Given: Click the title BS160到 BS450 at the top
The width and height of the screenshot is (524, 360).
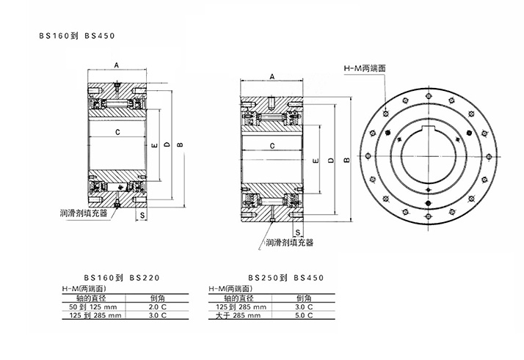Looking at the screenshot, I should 77,34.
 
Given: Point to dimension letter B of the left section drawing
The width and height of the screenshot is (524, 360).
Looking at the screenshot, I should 180,144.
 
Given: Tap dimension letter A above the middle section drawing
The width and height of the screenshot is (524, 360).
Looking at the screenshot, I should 272,76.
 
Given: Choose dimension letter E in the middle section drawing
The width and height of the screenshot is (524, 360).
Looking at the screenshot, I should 313,160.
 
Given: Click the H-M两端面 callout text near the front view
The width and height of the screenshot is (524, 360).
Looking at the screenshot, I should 365,68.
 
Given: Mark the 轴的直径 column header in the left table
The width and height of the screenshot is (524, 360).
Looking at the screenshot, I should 93,299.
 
